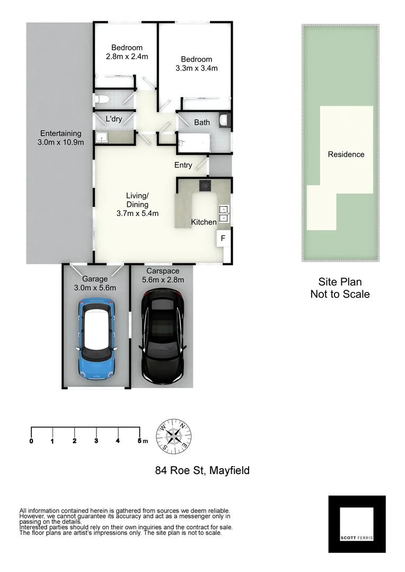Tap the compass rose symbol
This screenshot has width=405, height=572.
pyautogui.click(x=173, y=436)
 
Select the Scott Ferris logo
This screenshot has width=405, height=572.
pyautogui.click(x=357, y=524)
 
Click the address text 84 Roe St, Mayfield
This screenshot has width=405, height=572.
pyautogui.click(x=202, y=470)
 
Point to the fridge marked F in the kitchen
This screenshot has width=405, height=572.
pyautogui.click(x=223, y=238)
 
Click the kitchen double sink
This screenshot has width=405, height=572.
pyautogui.click(x=224, y=213)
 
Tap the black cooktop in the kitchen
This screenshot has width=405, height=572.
pyautogui.click(x=205, y=185)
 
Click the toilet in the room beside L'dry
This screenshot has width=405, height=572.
pyautogui.click(x=101, y=99)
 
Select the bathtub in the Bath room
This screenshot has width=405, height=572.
pyautogui.click(x=194, y=142)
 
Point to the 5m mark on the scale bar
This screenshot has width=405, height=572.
pyautogui.click(x=140, y=441)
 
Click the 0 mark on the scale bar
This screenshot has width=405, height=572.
pyautogui.click(x=32, y=441)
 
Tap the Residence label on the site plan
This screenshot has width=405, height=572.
pyautogui.click(x=346, y=155)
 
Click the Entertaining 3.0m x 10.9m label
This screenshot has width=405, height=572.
pyautogui.click(x=60, y=138)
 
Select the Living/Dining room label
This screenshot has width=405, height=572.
pyautogui.click(x=137, y=204)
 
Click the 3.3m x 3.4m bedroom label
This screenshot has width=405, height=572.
pyautogui.click(x=196, y=64)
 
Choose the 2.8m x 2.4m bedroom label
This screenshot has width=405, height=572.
pyautogui.click(x=126, y=52)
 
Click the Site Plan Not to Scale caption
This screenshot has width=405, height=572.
pyautogui.click(x=340, y=288)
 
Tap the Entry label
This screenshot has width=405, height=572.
pyautogui.click(x=183, y=165)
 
